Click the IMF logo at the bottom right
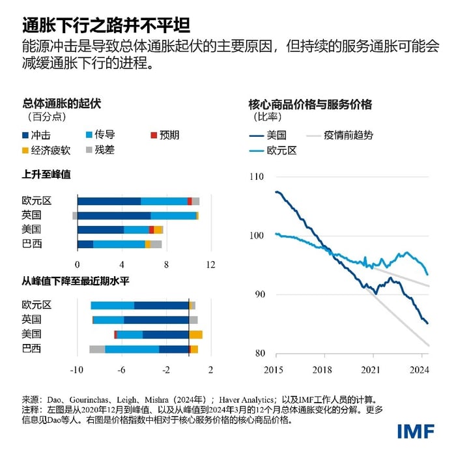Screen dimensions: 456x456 418,431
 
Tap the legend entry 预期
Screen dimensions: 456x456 164,135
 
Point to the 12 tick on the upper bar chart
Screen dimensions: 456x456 210,265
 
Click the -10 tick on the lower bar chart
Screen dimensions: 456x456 77,370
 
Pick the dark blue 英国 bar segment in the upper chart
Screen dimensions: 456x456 114,216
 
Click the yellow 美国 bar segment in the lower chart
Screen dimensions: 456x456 195,335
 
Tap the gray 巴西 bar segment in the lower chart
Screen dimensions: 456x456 97,349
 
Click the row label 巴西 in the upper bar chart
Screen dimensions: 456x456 32,244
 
